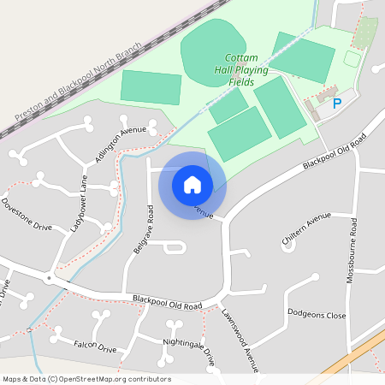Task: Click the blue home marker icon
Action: click(192, 184)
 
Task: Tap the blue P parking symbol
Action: click(336, 104)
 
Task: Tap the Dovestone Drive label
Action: click(27, 216)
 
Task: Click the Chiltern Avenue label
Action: click(305, 229)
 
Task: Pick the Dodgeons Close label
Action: click(317, 315)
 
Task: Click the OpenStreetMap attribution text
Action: click(86, 379)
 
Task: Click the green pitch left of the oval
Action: click(151, 87)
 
